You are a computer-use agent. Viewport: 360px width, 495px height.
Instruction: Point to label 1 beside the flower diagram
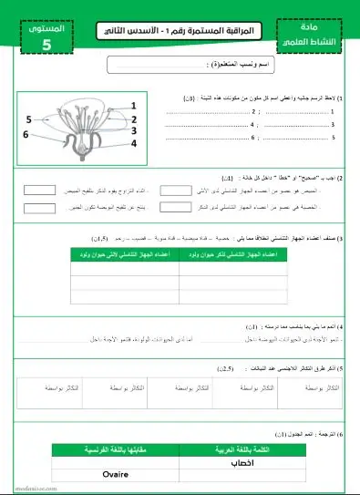coord(133,105)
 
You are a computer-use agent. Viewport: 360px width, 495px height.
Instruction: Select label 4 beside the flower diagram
coord(133,143)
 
